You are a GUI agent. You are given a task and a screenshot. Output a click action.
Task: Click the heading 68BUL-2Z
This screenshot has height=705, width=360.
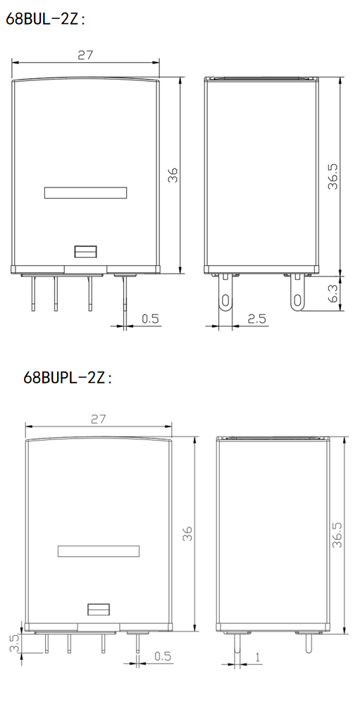pos(45,19)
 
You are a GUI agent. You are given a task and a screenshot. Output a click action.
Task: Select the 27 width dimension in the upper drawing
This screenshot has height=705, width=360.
pos(85,55)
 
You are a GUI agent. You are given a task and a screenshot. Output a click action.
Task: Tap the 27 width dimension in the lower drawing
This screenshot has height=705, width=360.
pos(98,419)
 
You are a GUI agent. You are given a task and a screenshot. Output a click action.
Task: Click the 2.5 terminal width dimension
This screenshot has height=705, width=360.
pos(256,319)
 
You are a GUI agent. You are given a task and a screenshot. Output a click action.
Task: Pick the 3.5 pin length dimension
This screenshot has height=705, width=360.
pos(13,643)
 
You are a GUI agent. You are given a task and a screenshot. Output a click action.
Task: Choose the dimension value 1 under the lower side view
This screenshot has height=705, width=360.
pos(258,657)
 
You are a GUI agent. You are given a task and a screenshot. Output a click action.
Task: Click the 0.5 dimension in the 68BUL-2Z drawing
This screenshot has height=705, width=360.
pos(150,319)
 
